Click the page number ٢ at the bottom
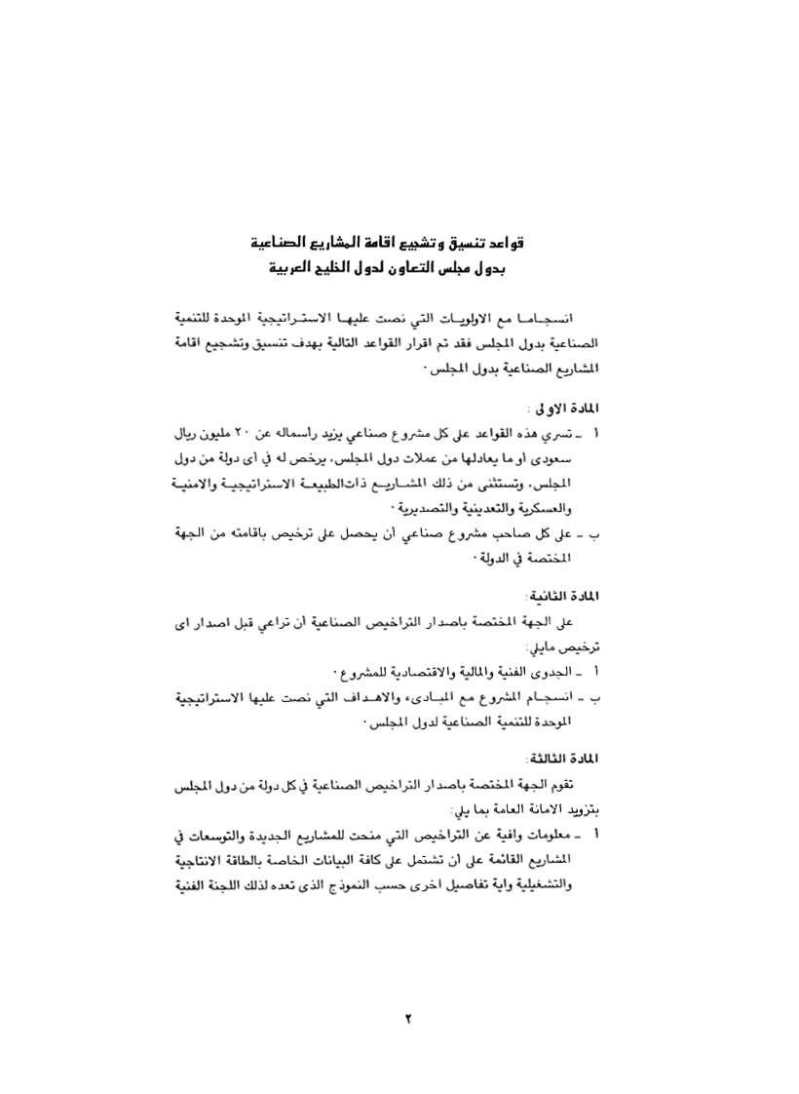tap(409, 1019)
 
